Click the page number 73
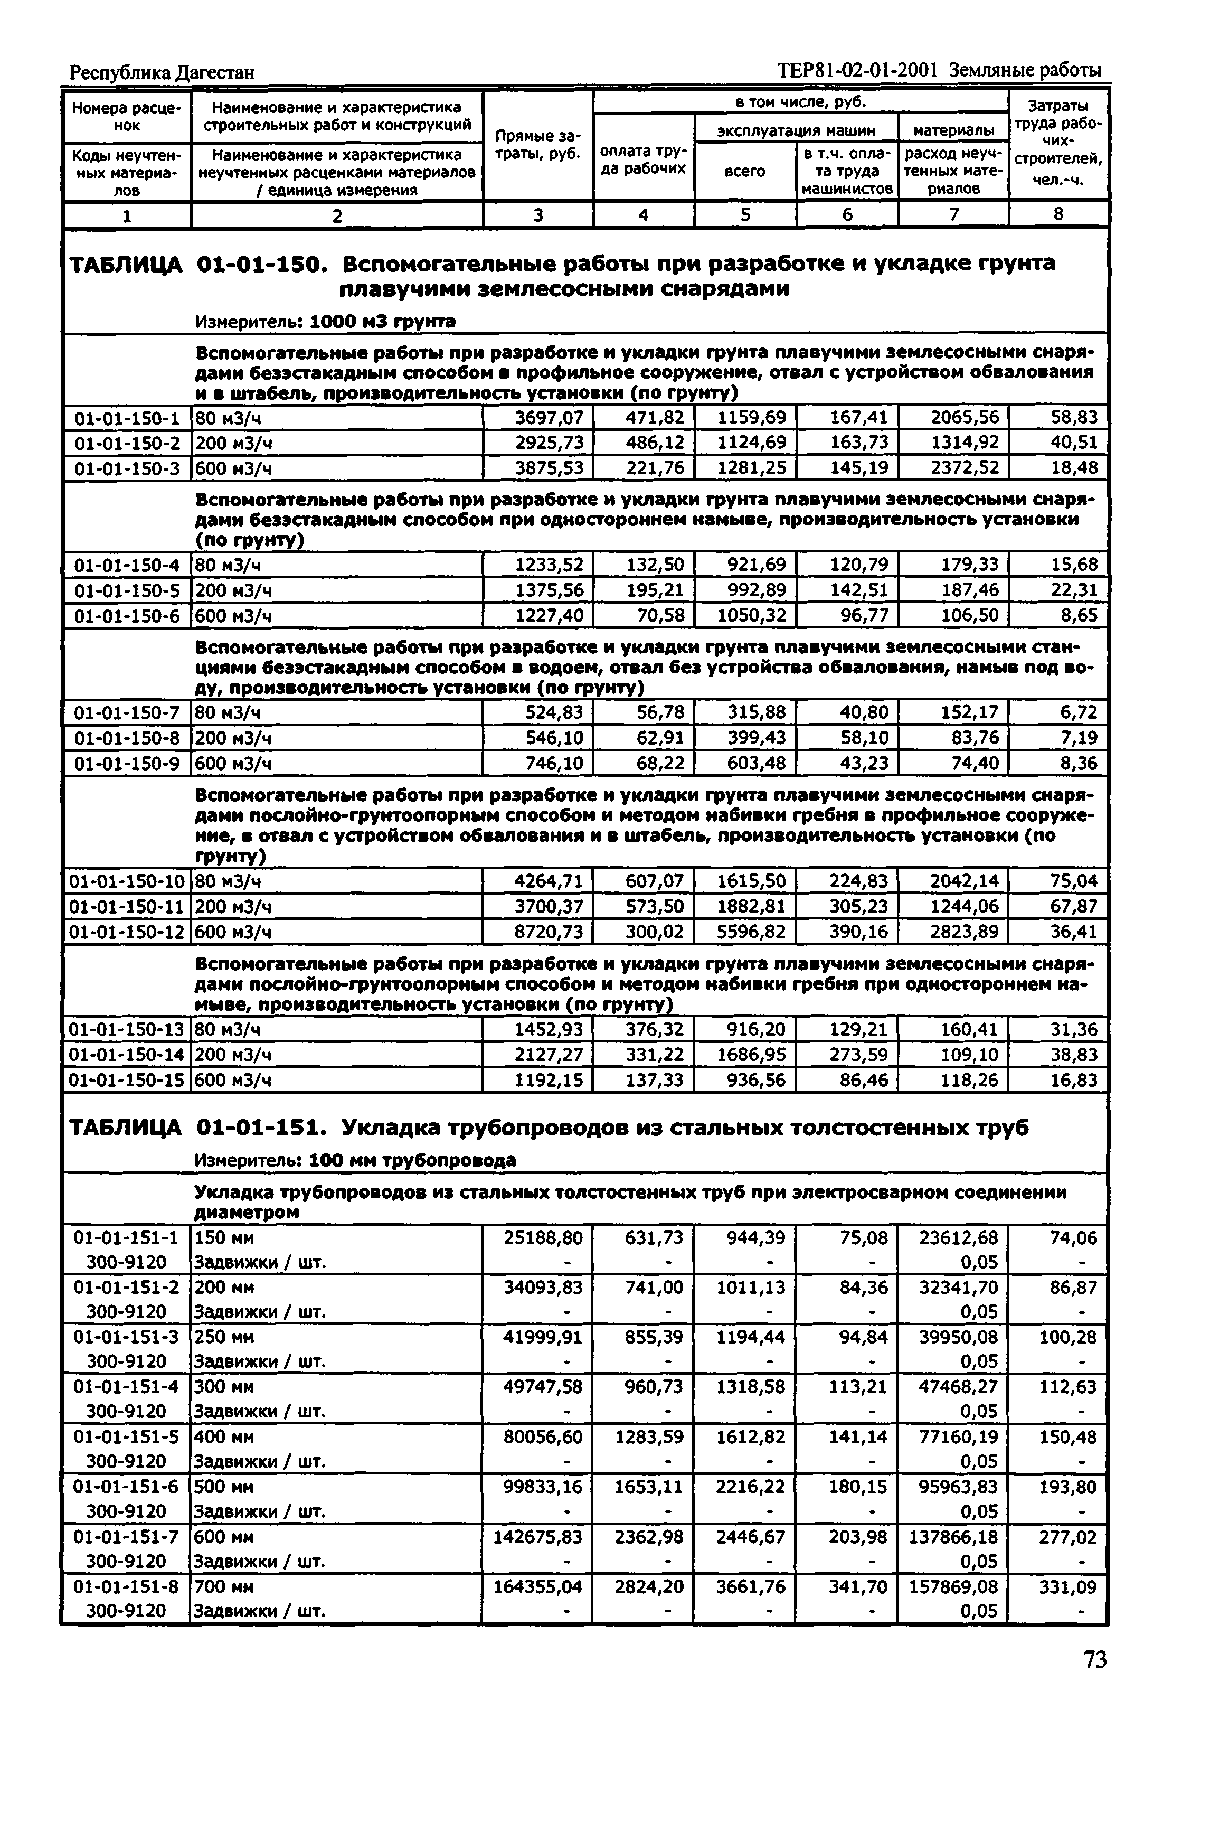coord(1095,1659)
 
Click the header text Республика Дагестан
coord(162,72)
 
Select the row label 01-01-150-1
coord(126,418)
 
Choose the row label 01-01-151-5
coord(126,1437)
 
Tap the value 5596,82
coord(752,932)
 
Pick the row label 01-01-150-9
coord(126,763)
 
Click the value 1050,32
coord(752,615)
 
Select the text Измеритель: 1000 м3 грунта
coord(325,322)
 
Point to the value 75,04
coord(1074,881)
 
